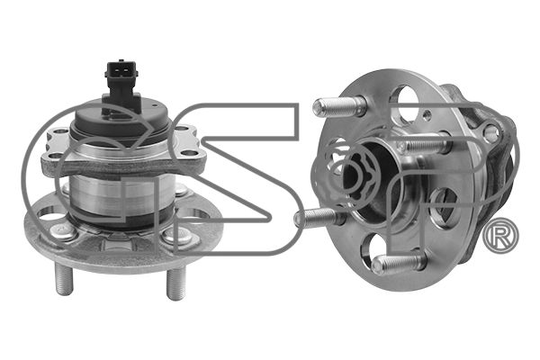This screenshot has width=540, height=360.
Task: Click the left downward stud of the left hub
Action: coord(64,278)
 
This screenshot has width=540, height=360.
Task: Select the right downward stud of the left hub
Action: coord(175,283)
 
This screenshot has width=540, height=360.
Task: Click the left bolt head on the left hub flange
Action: coord(63,231)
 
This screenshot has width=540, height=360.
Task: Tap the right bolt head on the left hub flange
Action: coord(176,235)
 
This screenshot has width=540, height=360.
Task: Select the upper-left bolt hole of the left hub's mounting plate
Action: coord(60,131)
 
